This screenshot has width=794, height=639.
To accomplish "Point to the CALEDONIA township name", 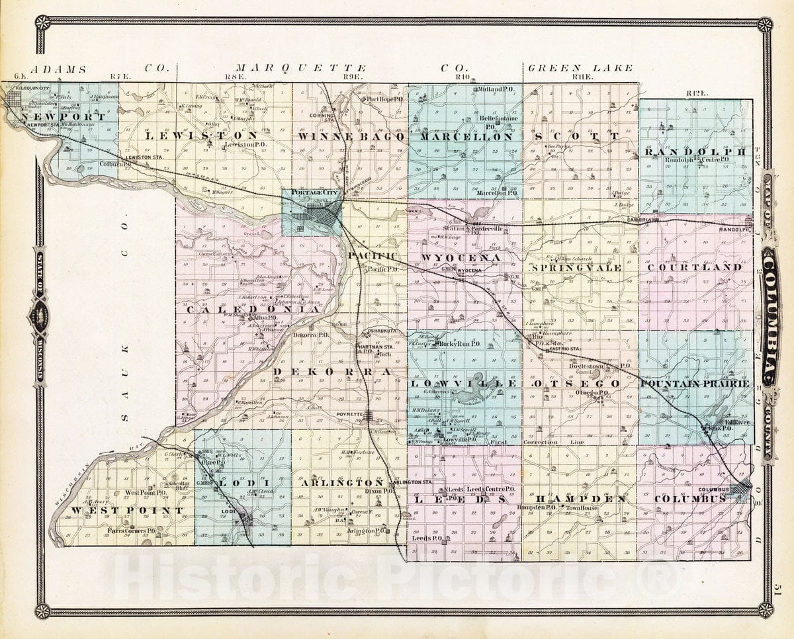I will (253, 309).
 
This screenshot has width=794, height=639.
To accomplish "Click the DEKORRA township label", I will (333, 372).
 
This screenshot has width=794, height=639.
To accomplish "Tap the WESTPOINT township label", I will (126, 511).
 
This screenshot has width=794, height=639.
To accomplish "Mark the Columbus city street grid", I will (739, 491).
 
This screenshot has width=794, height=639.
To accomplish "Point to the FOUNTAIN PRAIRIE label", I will (695, 384).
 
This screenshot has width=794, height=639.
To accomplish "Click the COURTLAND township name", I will (695, 267).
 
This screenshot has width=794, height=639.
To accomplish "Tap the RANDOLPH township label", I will (694, 151).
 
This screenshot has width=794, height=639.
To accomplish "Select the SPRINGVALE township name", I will (576, 267).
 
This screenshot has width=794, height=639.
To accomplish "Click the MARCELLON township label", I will (464, 137).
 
